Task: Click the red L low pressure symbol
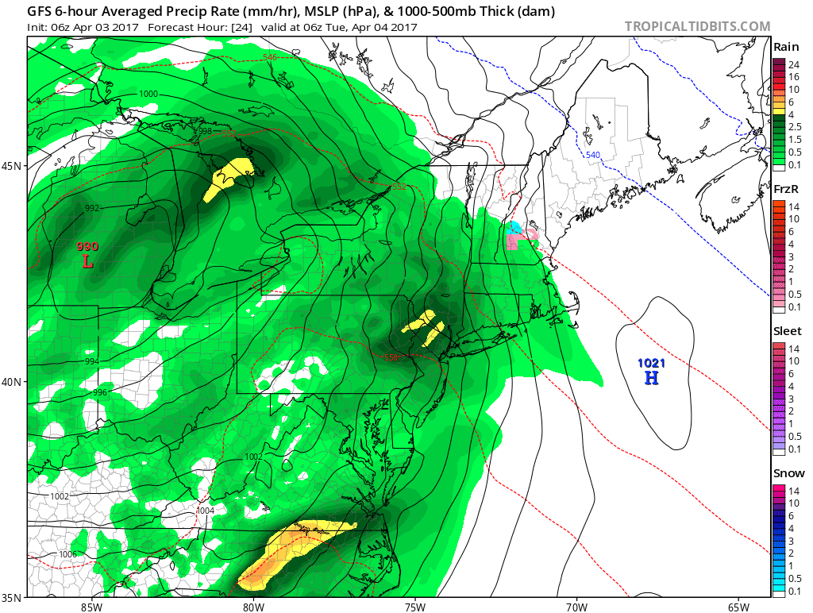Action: coord(87,260)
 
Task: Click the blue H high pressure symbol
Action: coord(651,378)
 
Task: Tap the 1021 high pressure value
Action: coord(651,363)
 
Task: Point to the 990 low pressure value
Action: coord(87,246)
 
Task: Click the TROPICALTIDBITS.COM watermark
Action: coord(697,26)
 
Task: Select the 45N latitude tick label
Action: coord(13,166)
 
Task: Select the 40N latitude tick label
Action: coord(13,382)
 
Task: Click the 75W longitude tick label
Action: coord(414,607)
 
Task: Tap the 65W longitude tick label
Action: coord(738,607)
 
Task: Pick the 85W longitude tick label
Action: coord(91,607)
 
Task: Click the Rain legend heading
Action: coord(785,48)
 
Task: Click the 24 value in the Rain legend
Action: coord(792,64)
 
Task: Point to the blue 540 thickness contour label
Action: coord(595,155)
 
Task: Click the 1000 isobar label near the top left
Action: coord(148,94)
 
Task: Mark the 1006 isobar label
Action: coord(68,554)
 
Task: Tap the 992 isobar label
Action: coord(92,208)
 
